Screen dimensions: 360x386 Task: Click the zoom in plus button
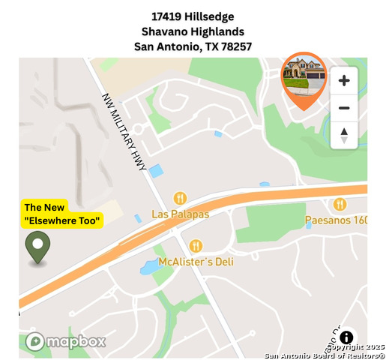(x=344, y=80)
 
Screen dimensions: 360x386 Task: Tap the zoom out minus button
(x=344, y=108)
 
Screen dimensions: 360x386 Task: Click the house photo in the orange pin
(x=304, y=75)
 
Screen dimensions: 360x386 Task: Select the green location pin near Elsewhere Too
(x=37, y=247)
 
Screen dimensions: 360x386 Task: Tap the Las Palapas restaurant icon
(x=180, y=199)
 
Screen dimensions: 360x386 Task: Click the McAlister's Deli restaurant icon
(x=196, y=245)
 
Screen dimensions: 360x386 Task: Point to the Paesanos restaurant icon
(x=340, y=204)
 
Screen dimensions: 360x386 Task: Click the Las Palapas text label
(x=180, y=214)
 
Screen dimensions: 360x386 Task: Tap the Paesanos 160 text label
(x=336, y=220)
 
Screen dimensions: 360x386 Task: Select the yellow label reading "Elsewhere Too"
(x=62, y=220)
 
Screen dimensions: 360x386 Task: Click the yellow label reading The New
(x=45, y=207)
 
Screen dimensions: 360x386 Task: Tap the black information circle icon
(x=347, y=337)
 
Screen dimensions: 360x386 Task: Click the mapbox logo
(x=65, y=341)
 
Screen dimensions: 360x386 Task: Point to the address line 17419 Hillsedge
(x=193, y=16)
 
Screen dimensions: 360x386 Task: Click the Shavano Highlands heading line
(x=193, y=31)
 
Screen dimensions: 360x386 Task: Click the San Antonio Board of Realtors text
(x=325, y=355)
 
